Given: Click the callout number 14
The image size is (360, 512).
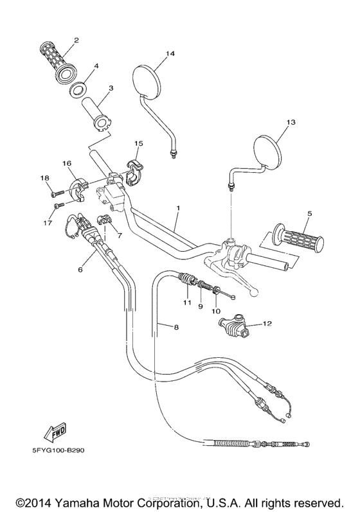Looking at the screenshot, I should pos(170,54).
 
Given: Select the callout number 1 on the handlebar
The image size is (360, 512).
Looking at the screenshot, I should pos(177,209).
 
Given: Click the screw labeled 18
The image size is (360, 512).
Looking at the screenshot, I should pos(55,191).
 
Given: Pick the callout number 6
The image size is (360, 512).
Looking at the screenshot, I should pos(80,270).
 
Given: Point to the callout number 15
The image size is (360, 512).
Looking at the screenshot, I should pos(138,143).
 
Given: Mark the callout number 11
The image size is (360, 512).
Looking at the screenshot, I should pos(187,302).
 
